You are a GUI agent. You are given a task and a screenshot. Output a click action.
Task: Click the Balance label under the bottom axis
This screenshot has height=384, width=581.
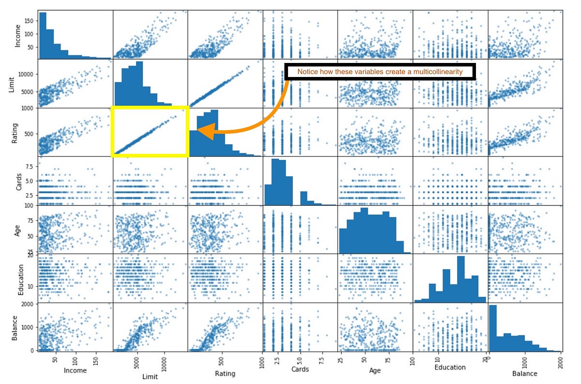(x=524, y=373)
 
